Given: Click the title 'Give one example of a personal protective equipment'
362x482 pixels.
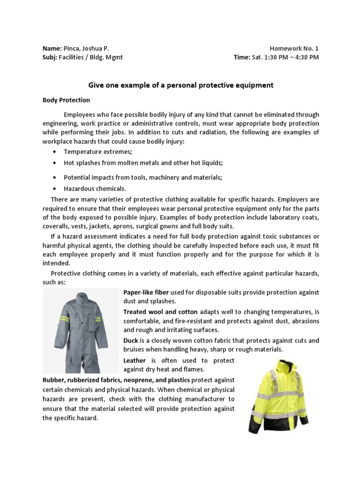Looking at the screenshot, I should (x=181, y=85).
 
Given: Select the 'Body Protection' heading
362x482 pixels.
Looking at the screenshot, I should (x=66, y=100).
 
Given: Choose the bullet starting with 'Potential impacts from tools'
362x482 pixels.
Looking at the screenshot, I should (x=143, y=177).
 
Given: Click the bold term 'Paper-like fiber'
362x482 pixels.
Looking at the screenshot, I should (x=146, y=293).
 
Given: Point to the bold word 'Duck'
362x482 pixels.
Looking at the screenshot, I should (x=131, y=340).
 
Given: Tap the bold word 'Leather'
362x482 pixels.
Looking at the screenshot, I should (x=134, y=360).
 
